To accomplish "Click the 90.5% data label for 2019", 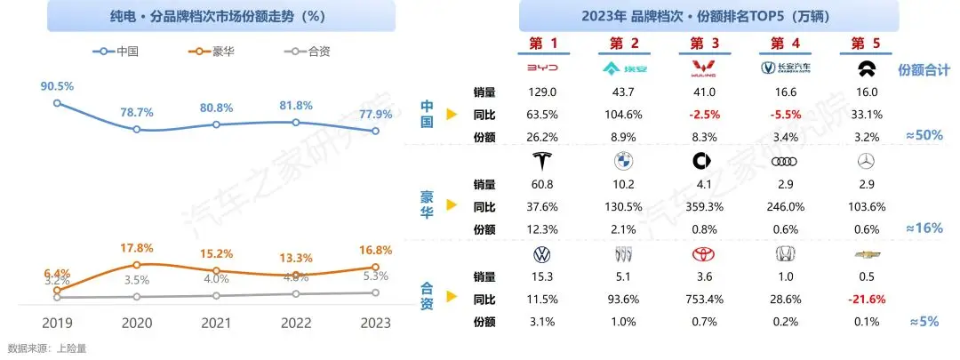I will coord(57,86).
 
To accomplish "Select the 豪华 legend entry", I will coord(214,52).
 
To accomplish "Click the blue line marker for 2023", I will coord(375,131).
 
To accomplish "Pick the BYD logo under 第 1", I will coord(542,68).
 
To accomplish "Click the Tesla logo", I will coord(541,162).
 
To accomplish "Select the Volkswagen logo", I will coord(541,255).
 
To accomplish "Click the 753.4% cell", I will coord(702,300).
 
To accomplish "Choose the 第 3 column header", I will coord(702,43).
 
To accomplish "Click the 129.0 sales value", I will coord(542,92).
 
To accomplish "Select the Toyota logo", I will coord(702,255).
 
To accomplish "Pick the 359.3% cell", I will coord(702,207).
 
